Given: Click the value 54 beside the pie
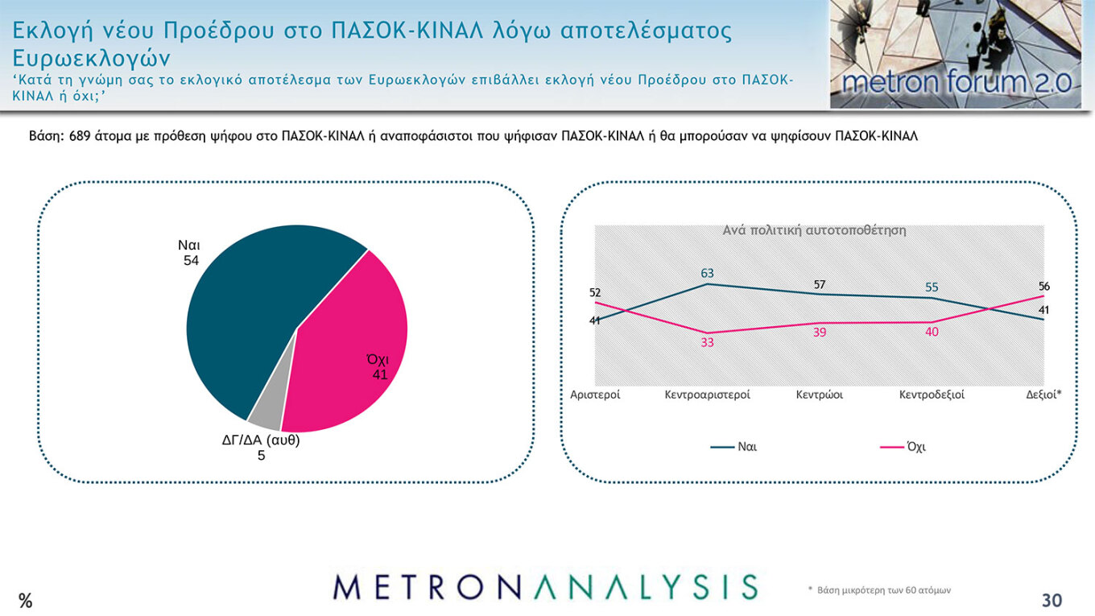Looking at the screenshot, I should point(191,260).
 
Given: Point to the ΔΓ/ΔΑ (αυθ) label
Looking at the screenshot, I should point(261,440).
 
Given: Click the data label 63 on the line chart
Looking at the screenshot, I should point(707,273).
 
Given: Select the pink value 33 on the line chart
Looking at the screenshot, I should point(707,342).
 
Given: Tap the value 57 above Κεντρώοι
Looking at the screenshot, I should point(819,284).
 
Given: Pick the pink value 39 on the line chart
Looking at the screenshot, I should point(819,333).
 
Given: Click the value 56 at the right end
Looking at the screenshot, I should point(1043,286).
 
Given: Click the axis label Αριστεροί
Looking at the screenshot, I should point(595,395).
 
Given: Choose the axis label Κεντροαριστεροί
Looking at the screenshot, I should point(707,395).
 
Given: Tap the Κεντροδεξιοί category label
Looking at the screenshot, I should point(932,395).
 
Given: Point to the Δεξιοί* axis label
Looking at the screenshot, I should point(1043,395).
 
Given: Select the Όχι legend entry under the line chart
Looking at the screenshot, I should point(915,447).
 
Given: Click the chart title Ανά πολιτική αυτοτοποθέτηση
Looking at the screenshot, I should point(814,230).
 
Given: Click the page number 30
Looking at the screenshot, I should point(1052,601).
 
